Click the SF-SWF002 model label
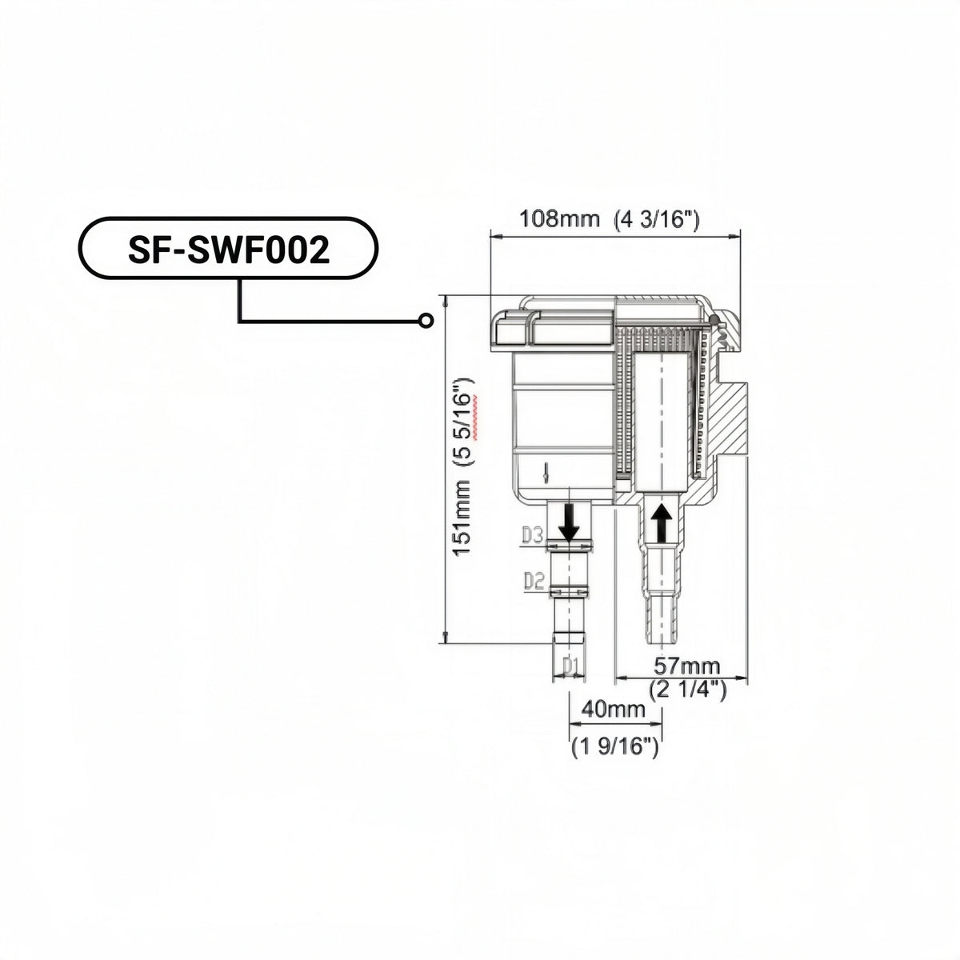click(x=229, y=250)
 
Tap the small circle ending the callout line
click(x=425, y=320)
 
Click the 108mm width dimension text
click(x=559, y=218)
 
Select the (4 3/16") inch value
click(x=657, y=218)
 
